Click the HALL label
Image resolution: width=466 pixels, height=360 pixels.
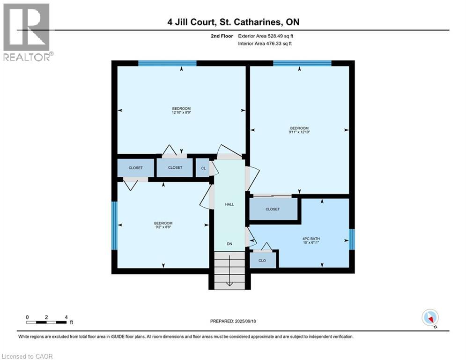[x=229, y=204]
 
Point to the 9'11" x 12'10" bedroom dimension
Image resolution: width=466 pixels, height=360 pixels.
[x=299, y=132]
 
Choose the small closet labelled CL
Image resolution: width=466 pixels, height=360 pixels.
[x=203, y=167]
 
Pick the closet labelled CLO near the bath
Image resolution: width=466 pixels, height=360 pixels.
[x=262, y=261]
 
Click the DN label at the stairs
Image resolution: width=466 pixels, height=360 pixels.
[x=229, y=244]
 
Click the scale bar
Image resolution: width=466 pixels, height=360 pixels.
[x=46, y=322]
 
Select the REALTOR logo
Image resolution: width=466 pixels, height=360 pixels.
[x=27, y=32]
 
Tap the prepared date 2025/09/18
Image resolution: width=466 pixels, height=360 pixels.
[x=233, y=321]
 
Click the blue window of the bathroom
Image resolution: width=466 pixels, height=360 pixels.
[x=352, y=239]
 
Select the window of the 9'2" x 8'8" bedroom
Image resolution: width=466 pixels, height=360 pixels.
[x=114, y=225]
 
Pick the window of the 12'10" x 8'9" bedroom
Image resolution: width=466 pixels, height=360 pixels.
[x=167, y=63]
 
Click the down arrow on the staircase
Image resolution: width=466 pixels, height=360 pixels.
[x=229, y=283]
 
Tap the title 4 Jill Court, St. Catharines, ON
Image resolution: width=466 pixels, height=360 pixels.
[x=233, y=22]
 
